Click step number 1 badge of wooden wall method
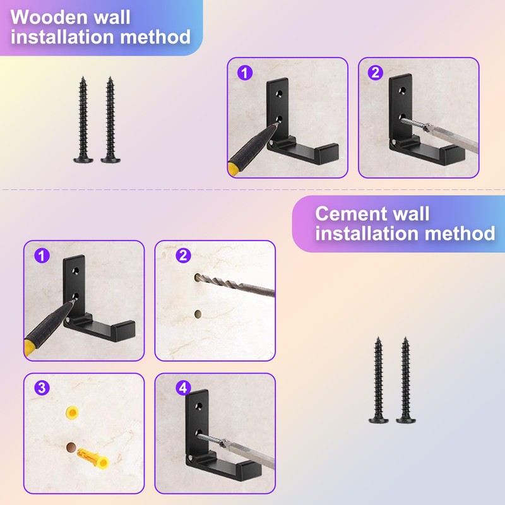(244, 73)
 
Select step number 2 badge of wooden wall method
(375, 73)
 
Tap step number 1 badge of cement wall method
(42, 256)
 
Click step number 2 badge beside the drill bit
(183, 256)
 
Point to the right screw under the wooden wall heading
(110, 120)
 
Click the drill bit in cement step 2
(234, 285)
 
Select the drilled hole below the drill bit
(198, 312)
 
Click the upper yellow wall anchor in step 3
(73, 414)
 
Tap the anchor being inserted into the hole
(92, 455)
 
